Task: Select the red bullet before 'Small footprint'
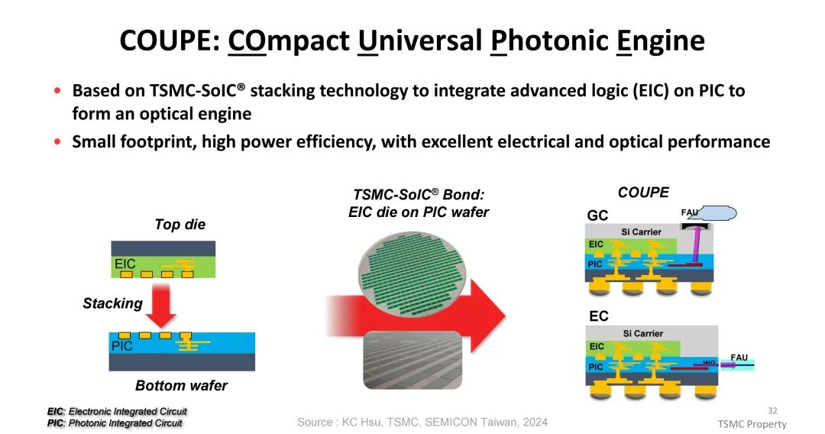[x=57, y=141]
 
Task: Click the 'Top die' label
[x=180, y=225]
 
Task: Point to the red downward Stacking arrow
[x=161, y=306]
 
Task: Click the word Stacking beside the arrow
[x=112, y=303]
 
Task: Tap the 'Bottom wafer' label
[x=182, y=386]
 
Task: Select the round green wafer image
[x=412, y=274]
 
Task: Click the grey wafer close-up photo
[x=412, y=360]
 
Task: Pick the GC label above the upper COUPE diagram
[x=597, y=215]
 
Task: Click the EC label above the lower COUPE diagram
[x=599, y=316]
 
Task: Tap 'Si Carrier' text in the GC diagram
[x=641, y=232]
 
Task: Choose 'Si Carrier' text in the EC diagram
[x=643, y=333]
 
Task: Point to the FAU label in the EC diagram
[x=739, y=357]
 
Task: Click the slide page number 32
[x=772, y=410]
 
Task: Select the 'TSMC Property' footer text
[x=752, y=424]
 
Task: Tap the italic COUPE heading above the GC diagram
[x=643, y=193]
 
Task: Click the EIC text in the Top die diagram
[x=125, y=264]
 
